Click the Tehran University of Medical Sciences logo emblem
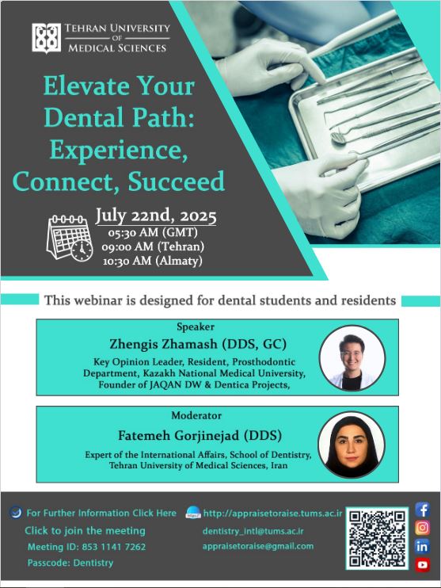[46, 38]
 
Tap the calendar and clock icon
[70, 238]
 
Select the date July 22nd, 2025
[156, 216]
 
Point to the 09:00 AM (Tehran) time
[153, 246]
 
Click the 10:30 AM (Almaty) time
[153, 261]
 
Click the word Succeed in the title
[177, 181]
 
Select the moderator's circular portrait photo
[352, 445]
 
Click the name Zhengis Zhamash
[163, 344]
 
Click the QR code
[377, 539]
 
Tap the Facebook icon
[422, 510]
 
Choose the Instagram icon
[422, 528]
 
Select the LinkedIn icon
[422, 546]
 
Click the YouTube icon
[422, 564]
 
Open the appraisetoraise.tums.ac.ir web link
[273, 514]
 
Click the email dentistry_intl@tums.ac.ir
[253, 532]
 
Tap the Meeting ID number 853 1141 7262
[114, 547]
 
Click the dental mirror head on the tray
[338, 137]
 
